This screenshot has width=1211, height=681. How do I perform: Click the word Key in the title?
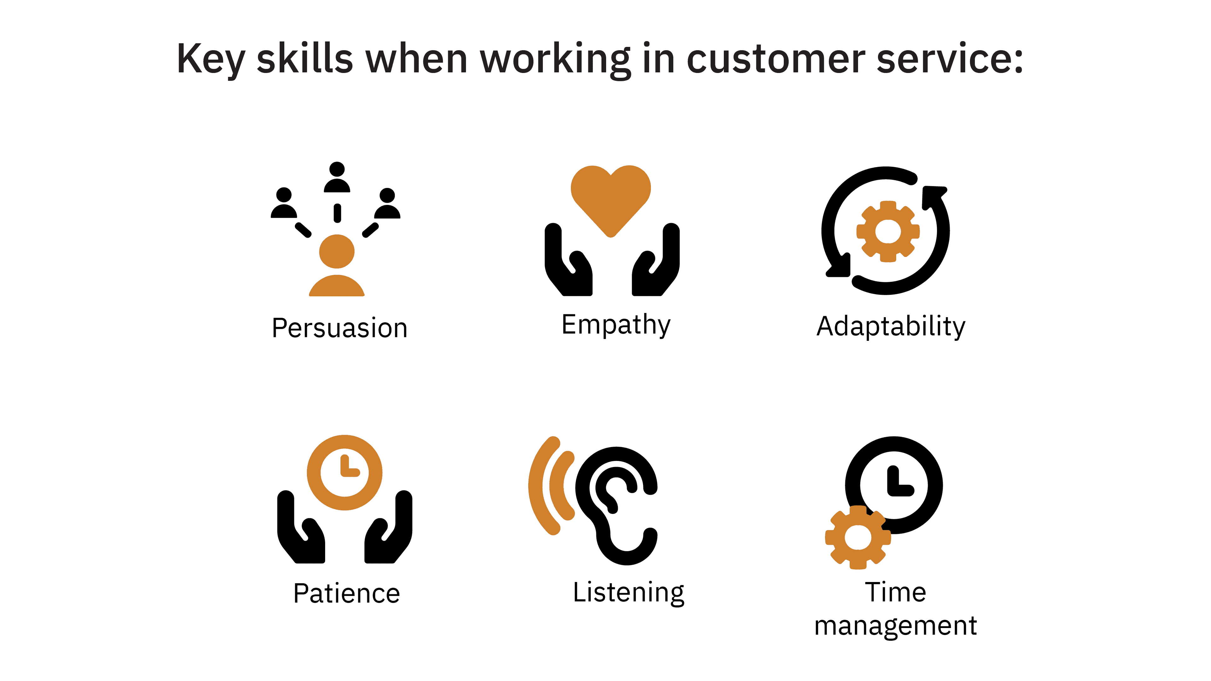[211, 60]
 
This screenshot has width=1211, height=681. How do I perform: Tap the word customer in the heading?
[776, 59]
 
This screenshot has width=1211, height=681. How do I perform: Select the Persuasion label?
[339, 328]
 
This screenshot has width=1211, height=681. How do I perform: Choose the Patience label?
[347, 593]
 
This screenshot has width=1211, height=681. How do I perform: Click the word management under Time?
[896, 626]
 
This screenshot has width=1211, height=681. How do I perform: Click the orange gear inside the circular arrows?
[887, 231]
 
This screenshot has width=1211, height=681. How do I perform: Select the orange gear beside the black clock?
[858, 538]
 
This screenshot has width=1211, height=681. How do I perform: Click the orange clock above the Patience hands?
[345, 472]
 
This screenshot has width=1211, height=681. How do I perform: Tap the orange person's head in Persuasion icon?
[336, 252]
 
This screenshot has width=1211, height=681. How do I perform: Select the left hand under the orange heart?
[568, 260]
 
